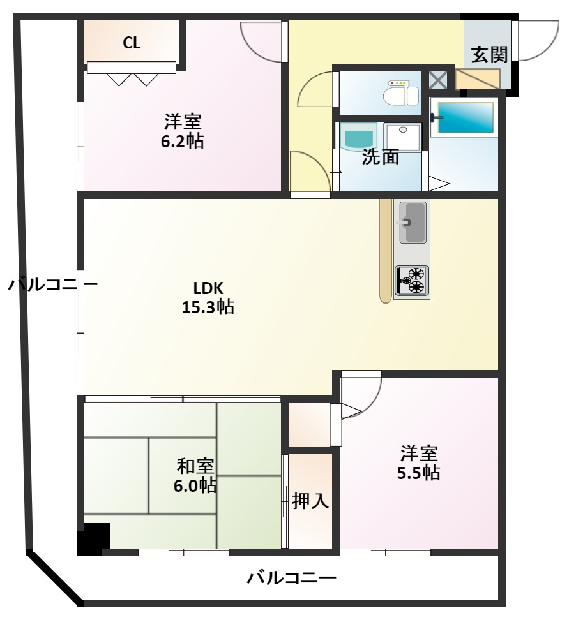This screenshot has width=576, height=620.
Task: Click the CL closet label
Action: [x=132, y=43]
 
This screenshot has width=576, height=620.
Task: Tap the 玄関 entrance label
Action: [x=489, y=54]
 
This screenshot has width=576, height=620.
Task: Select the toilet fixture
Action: [x=402, y=92]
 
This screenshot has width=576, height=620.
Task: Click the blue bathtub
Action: [x=466, y=118]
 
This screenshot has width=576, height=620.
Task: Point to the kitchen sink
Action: [x=413, y=222]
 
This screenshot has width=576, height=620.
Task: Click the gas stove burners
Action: [x=412, y=281]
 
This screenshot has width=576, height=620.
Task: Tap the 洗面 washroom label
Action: [x=381, y=157]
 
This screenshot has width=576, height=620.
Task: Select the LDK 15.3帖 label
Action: [x=208, y=297]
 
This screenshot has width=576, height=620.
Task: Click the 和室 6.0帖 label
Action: [x=195, y=475]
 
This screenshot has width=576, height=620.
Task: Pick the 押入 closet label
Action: [x=310, y=501]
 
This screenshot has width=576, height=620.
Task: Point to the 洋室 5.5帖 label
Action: [x=419, y=462]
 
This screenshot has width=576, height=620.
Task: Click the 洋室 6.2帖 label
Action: [x=183, y=131]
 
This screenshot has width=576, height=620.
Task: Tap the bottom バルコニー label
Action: [x=292, y=578]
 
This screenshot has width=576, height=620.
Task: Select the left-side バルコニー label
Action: [x=52, y=284]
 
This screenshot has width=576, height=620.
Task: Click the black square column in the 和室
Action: [x=94, y=539]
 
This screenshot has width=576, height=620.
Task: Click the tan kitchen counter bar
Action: [x=386, y=251]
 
